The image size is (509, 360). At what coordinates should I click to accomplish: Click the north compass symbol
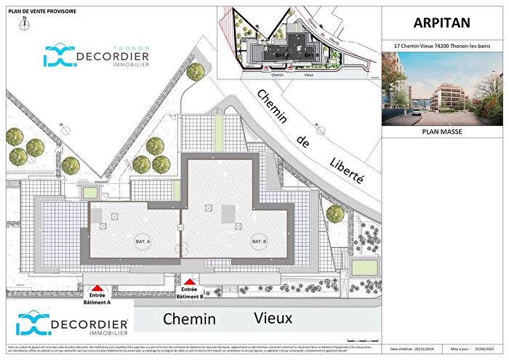24,22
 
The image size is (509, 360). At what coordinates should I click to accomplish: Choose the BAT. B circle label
260,241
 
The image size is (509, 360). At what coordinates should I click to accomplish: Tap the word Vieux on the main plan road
273,318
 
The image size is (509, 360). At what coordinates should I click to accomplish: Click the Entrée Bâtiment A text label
98,299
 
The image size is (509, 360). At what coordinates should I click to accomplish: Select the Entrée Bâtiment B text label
190,293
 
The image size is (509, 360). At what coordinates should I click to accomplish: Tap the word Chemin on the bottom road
189,319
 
